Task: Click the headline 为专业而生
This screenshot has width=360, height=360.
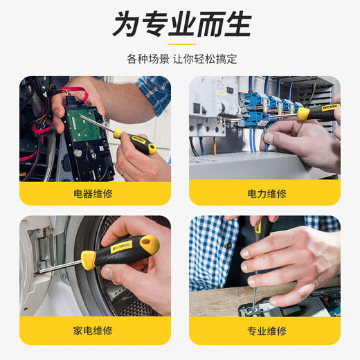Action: click(x=181, y=26)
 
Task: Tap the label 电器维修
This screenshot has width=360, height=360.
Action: click(x=95, y=195)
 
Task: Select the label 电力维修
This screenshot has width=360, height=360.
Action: click(x=266, y=195)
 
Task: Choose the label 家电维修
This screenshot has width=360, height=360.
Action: click(x=95, y=330)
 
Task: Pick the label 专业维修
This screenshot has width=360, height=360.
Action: click(x=266, y=330)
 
